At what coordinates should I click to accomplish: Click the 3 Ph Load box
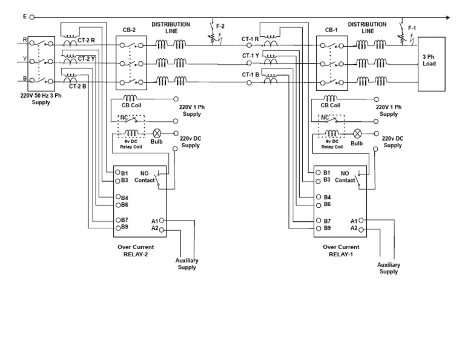[x=431, y=64]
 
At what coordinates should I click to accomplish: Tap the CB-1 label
[x=331, y=30]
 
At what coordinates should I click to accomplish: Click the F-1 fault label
[x=412, y=28]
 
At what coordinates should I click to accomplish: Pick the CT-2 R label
[x=86, y=41]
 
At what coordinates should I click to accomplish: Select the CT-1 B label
[x=251, y=75]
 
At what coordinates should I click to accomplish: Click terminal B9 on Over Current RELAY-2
[x=119, y=227]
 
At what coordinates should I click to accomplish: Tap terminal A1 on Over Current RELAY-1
[x=361, y=221]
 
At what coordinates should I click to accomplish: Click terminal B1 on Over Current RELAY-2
[x=119, y=173]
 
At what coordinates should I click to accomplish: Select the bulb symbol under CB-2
[x=157, y=133]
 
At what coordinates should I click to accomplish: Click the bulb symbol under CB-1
[x=357, y=133]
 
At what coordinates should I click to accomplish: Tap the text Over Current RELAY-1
[x=341, y=250]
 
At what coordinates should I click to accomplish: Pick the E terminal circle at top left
[x=32, y=17]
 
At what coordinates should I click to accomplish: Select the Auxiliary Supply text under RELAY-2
[x=187, y=264]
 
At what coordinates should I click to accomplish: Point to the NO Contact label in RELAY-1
[x=345, y=176]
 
